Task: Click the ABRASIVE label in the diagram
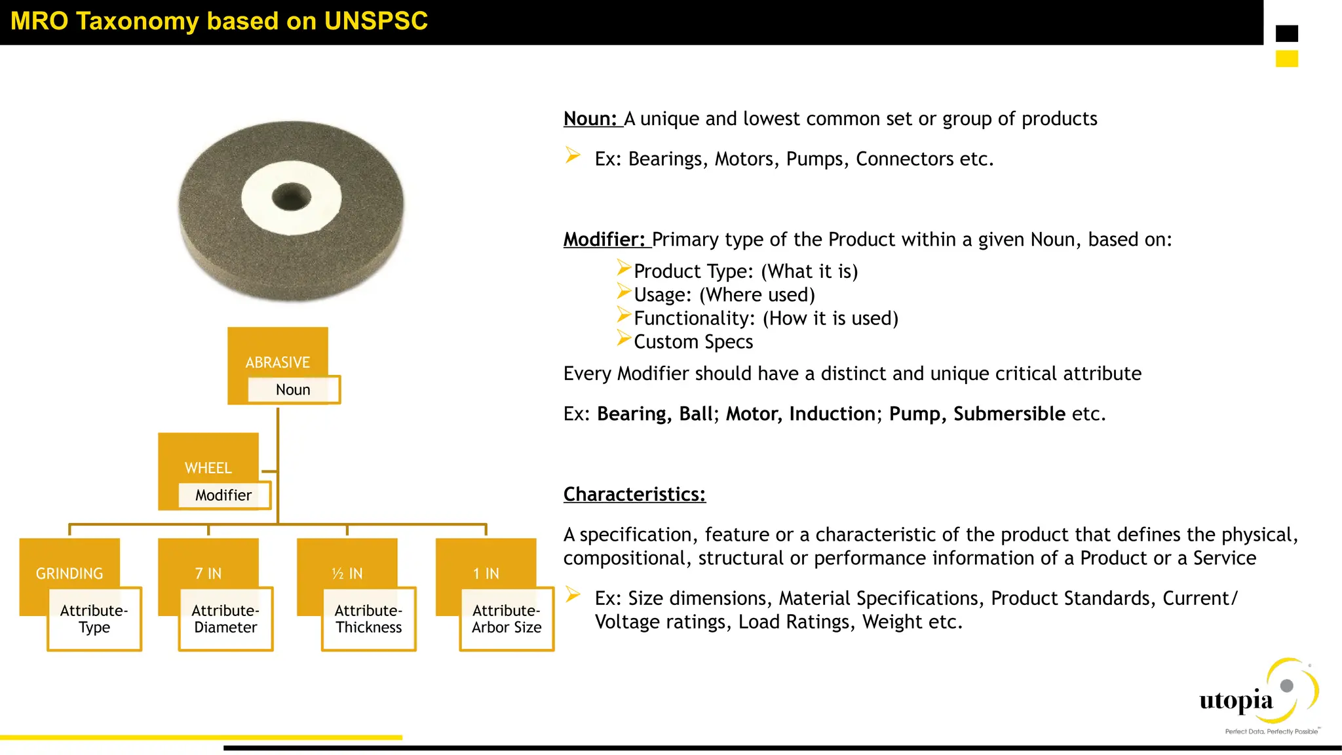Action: click(277, 362)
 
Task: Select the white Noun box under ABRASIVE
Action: click(293, 389)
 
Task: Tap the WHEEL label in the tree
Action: click(208, 467)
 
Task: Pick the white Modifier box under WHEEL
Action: click(223, 495)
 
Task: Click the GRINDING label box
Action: click(69, 573)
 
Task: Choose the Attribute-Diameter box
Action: click(225, 619)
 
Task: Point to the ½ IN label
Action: click(347, 573)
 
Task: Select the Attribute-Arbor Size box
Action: click(507, 619)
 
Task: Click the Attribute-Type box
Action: click(94, 619)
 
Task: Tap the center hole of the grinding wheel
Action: click(291, 197)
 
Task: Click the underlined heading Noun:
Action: click(590, 119)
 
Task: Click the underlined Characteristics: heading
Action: click(634, 494)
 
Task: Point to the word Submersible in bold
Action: click(1009, 414)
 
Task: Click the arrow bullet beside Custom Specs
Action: click(623, 338)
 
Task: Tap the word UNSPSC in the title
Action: click(375, 21)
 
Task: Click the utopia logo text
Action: click(1236, 701)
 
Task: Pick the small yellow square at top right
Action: click(1286, 59)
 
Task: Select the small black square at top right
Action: click(1286, 33)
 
